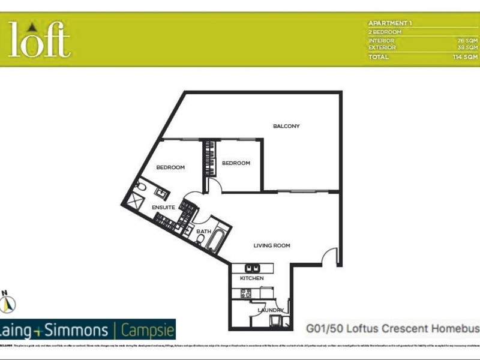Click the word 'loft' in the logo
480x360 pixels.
[x=40, y=40]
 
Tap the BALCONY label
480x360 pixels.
[x=286, y=126]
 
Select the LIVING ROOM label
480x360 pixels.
[x=272, y=245]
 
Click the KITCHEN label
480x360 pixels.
[x=252, y=279]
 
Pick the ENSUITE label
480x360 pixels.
[x=163, y=208]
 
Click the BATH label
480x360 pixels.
[x=203, y=231]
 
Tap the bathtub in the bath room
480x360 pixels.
[x=215, y=239]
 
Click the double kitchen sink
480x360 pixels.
[x=253, y=268]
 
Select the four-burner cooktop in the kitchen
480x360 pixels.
[x=245, y=293]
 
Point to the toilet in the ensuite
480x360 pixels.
[x=140, y=187]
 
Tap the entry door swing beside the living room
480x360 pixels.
[x=329, y=258]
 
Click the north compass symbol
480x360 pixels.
[x=8, y=304]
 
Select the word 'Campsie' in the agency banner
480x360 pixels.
[x=148, y=330]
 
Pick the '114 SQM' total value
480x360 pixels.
[x=465, y=57]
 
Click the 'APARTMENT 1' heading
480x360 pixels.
[x=390, y=23]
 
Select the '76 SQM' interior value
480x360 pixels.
[x=467, y=40]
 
